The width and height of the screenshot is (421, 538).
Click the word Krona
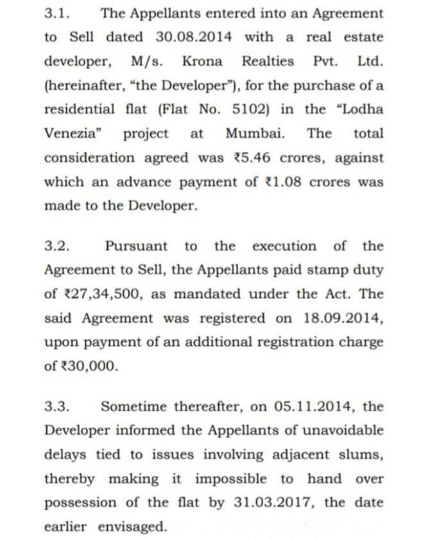click(x=202, y=61)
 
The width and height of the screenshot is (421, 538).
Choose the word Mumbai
click(x=255, y=134)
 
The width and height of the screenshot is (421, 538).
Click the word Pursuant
click(x=136, y=247)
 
